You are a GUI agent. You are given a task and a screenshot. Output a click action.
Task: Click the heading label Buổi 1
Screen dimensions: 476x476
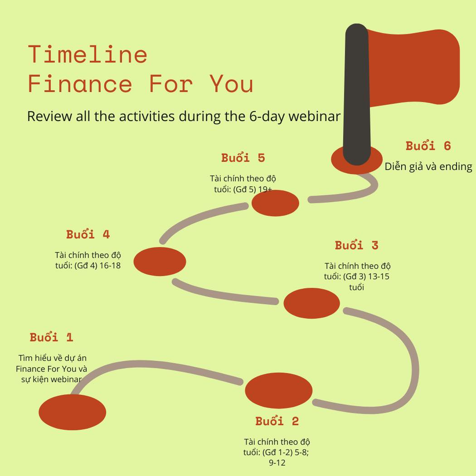point(52,337)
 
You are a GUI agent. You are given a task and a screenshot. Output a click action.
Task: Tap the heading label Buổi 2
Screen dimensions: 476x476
point(277,421)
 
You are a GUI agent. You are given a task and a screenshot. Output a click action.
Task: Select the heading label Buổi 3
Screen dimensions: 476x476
point(357,245)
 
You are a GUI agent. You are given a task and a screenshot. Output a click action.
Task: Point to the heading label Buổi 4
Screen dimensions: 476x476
point(88,234)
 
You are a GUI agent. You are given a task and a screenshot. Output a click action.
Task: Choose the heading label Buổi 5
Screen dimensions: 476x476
point(243,158)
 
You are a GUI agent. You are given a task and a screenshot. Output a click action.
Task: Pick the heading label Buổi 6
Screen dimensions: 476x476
point(428,146)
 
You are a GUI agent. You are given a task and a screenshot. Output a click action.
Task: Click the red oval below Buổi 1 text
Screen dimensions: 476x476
point(72,412)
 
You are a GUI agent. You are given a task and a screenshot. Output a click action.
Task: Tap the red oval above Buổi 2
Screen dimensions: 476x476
point(279,390)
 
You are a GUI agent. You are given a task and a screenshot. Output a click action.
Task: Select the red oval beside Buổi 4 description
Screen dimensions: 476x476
point(160,262)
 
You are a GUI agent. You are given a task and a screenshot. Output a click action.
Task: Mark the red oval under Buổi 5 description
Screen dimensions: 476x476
point(275,203)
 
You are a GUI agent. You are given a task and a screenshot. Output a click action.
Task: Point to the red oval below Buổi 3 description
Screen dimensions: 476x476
point(311,303)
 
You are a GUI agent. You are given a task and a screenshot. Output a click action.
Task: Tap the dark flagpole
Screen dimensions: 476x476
point(357,94)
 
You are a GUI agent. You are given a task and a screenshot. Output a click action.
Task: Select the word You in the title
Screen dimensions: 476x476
point(231,84)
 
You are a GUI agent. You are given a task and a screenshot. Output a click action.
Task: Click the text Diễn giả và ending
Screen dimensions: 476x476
point(428,166)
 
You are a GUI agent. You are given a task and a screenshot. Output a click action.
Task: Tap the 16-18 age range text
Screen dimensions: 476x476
point(110,265)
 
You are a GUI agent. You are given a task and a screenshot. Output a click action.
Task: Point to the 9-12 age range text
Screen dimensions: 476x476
point(277,463)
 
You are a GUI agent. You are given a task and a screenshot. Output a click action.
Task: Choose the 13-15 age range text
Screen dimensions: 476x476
point(379,276)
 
